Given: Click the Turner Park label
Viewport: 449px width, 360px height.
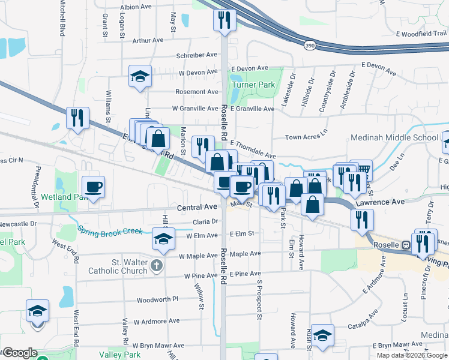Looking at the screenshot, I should coord(253,85).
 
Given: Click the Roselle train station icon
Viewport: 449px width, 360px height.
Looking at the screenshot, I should coord(406,244).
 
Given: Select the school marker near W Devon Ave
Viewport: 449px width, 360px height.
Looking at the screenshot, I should coord(140,77).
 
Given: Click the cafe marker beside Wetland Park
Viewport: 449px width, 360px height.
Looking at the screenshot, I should coord(93,187).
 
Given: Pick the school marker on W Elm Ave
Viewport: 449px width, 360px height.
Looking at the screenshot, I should coord(161,238).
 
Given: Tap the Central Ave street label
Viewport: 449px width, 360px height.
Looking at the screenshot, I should coord(197,207).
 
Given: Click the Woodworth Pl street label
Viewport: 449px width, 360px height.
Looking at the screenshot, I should coord(157,299).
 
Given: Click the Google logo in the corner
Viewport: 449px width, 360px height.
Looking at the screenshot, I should coord(19,353).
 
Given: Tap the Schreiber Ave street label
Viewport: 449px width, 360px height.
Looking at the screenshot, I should coord(196,55).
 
